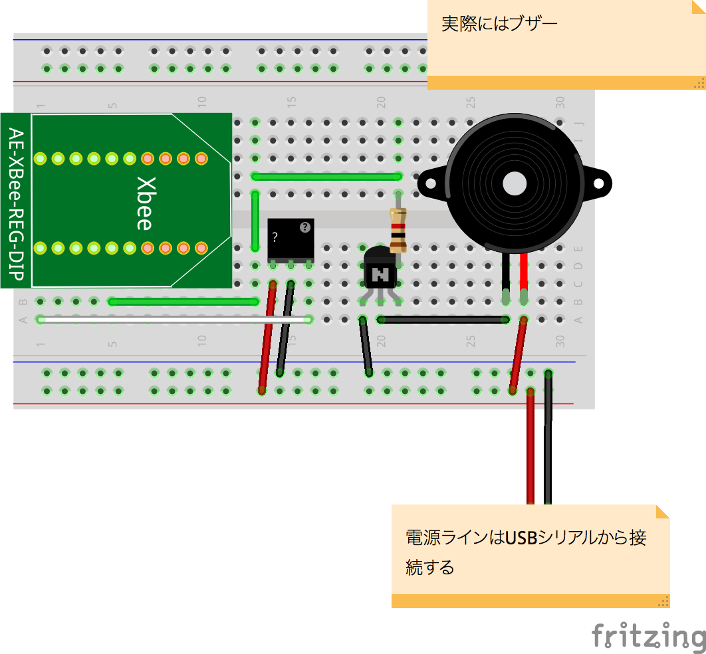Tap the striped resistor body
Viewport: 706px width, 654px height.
point(398,230)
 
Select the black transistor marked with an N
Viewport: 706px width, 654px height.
point(380,269)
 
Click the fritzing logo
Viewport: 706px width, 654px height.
point(648,636)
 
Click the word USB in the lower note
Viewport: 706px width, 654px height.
point(521,537)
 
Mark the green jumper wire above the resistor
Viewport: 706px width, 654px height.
point(326,176)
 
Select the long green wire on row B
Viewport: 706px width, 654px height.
point(183,302)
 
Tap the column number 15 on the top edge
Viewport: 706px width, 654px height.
point(291,102)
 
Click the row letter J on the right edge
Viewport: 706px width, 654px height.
point(578,122)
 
